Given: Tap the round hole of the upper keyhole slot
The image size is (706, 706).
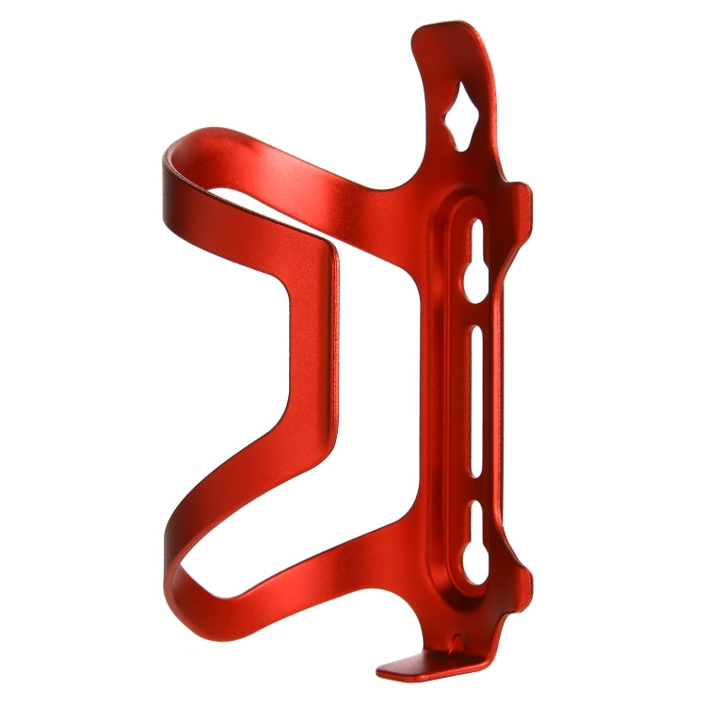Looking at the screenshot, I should pos(475,283).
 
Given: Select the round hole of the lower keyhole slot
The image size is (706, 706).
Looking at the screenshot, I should pos(476,566).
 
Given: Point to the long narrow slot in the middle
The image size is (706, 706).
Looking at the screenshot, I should pos(475,405).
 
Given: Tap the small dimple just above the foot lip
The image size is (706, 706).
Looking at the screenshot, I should pos(458,643).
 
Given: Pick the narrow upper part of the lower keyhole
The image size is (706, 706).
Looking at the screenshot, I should pos(476,522).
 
